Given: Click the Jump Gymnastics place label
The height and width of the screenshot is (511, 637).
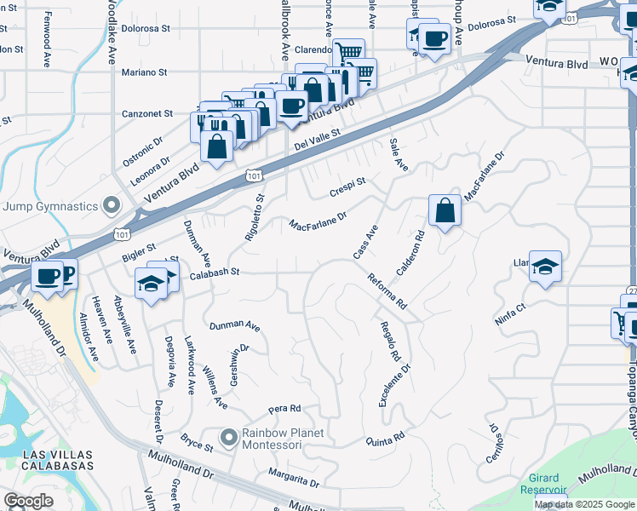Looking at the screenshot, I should [50, 206].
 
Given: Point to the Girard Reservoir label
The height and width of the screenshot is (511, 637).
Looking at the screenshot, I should [543, 485].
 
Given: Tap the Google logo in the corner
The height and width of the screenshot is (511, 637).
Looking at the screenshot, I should [28, 501].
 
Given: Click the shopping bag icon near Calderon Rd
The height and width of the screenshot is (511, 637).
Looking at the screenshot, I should [445, 210].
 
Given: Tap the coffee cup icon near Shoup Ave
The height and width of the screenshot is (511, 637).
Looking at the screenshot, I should [434, 38].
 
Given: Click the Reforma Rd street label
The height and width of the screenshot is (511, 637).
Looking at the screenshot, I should [387, 291].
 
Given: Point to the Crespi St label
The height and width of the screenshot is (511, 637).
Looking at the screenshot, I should [347, 187].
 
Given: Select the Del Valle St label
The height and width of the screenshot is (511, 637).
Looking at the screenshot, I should [317, 139].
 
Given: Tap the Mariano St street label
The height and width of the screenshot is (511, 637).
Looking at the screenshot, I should [143, 72].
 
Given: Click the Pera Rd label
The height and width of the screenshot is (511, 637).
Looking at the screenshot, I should [284, 408].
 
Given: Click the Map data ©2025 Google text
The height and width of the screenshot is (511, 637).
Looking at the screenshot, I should [584, 504].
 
